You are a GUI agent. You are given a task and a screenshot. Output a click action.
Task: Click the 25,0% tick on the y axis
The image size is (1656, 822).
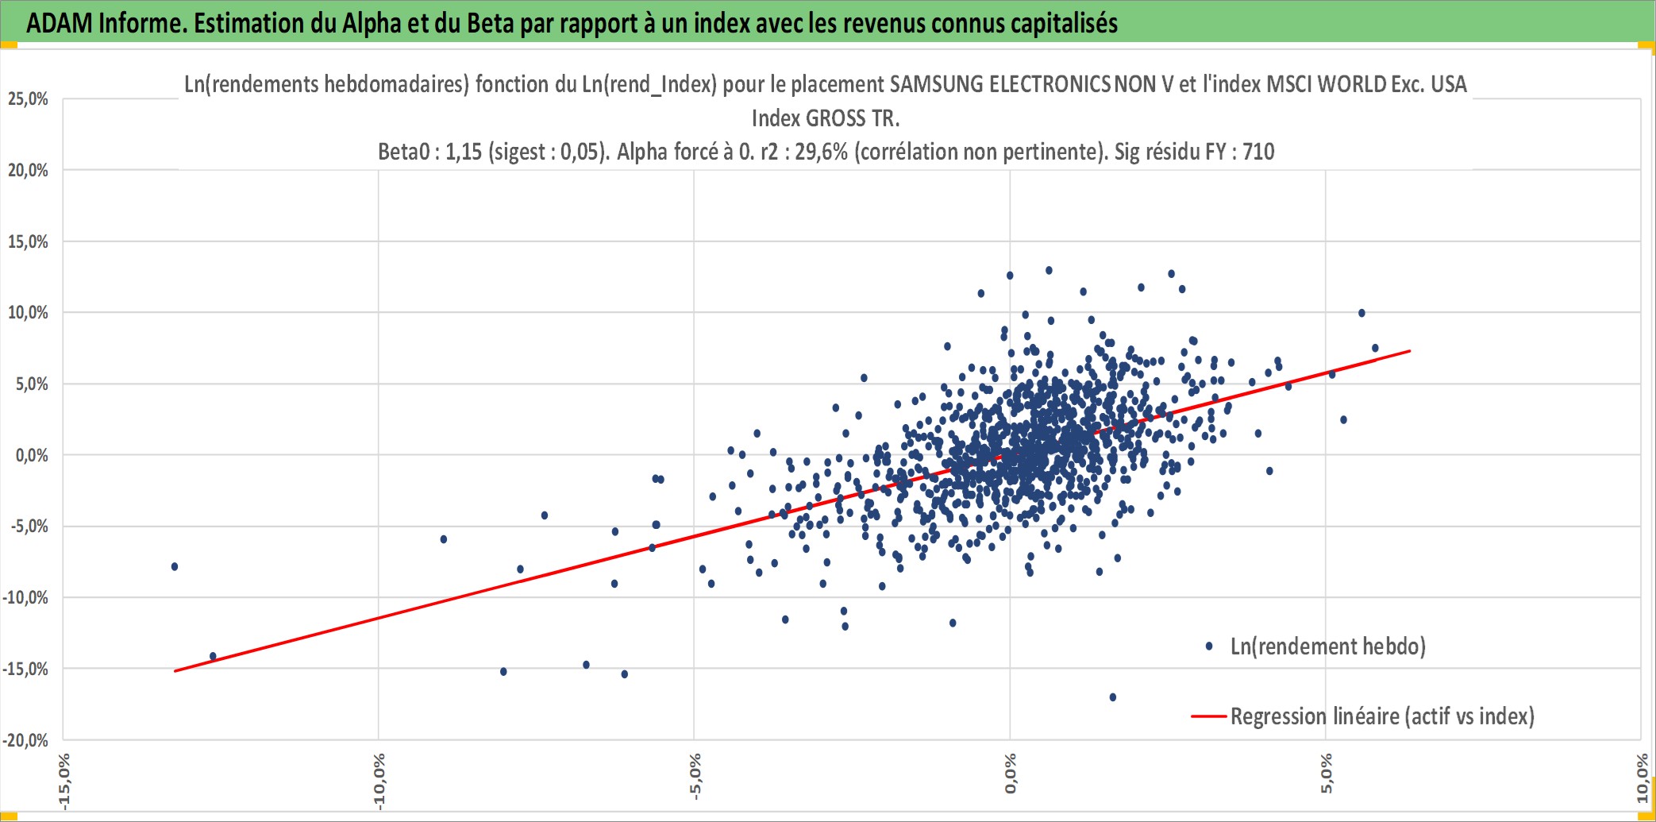click(x=28, y=99)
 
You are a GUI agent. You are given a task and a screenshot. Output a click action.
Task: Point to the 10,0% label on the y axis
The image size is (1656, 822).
click(x=28, y=313)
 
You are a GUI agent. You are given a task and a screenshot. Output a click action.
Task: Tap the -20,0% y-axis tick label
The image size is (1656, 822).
click(x=25, y=740)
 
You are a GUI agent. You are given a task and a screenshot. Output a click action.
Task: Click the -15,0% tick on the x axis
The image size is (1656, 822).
click(x=64, y=781)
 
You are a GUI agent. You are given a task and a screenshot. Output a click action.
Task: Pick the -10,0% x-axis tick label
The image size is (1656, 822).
click(x=379, y=781)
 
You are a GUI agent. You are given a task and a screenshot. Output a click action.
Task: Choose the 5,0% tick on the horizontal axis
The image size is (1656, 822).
click(x=1327, y=774)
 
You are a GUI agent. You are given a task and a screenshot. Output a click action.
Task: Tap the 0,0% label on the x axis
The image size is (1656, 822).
click(x=1011, y=774)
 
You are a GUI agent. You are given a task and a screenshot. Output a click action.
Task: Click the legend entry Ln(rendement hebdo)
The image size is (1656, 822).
click(x=1328, y=646)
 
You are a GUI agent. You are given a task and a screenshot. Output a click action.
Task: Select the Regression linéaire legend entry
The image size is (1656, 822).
click(x=1382, y=716)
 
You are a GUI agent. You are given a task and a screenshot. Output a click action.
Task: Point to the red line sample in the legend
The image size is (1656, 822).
click(x=1209, y=716)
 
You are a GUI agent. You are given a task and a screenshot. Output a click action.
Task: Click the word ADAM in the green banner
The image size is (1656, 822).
click(x=60, y=23)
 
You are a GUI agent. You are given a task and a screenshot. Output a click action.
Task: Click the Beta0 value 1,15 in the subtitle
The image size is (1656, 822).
click(x=464, y=152)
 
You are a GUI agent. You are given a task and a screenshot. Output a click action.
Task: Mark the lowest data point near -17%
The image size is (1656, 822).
click(x=1113, y=697)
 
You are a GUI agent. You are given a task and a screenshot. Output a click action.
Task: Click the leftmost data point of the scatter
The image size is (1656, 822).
click(x=175, y=566)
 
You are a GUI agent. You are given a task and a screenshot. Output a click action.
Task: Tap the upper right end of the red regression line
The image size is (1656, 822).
click(x=1410, y=350)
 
